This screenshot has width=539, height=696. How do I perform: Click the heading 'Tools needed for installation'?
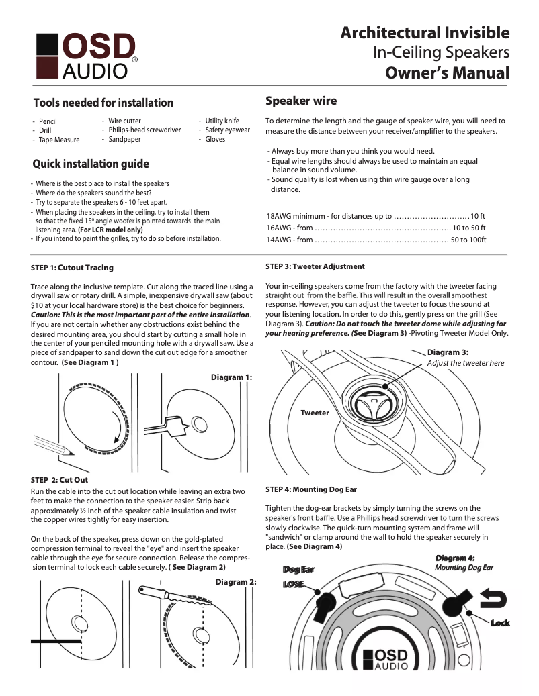click(103, 103)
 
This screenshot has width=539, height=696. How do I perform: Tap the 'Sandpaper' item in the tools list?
click(124, 140)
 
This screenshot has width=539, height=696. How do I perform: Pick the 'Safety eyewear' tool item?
click(227, 130)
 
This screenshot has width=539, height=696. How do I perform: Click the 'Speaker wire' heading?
click(301, 101)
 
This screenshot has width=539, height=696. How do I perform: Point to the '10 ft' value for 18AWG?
click(477, 216)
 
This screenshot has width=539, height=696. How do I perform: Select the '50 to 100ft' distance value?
click(468, 240)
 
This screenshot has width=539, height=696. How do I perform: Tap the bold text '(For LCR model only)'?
click(110, 230)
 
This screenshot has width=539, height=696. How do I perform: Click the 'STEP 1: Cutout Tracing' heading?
click(72, 268)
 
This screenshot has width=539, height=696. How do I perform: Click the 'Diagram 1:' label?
click(231, 377)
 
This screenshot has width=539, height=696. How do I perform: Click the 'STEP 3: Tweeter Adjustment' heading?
click(315, 266)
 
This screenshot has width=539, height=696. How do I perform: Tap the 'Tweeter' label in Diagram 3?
click(315, 413)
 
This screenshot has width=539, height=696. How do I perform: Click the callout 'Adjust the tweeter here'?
click(465, 363)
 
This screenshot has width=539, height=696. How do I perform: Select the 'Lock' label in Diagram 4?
click(499, 623)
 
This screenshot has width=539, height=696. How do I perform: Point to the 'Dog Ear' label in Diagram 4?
click(298, 569)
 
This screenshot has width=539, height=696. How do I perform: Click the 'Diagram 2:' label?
click(236, 582)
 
